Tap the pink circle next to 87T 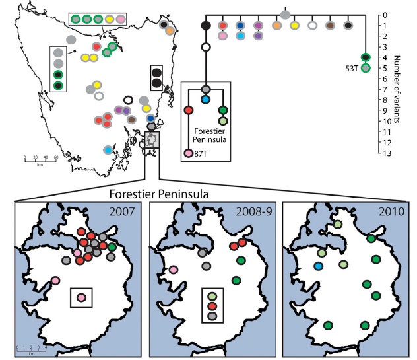[189, 154]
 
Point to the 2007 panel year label [121, 213]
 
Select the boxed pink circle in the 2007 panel [81, 299]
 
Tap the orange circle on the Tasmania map [170, 30]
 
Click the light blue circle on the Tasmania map [108, 151]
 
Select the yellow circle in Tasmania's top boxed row [108, 19]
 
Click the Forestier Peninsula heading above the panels [154, 195]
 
